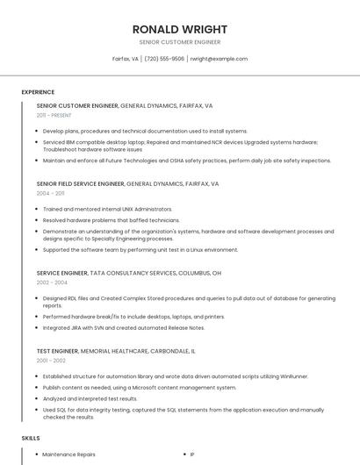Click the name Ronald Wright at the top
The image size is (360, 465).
[x=180, y=29]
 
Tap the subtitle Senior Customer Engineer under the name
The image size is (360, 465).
[x=180, y=42]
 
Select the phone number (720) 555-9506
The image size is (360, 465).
[x=164, y=59]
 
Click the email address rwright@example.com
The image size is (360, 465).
[x=219, y=59]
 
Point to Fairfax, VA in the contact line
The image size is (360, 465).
[x=126, y=59]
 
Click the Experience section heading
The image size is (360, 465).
[x=38, y=92]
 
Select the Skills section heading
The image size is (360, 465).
[x=31, y=436]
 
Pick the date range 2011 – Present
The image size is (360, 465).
[x=54, y=115]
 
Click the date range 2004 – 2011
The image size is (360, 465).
[x=51, y=193]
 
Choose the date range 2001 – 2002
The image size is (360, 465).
[x=51, y=361]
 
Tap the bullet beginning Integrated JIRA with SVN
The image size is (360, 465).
[x=123, y=327]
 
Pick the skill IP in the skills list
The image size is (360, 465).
[x=192, y=454]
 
